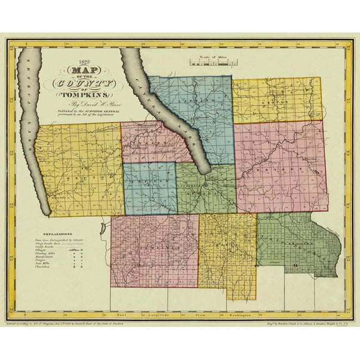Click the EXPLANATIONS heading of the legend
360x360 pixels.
click(x=54, y=232)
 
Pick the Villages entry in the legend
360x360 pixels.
click(x=44, y=249)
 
